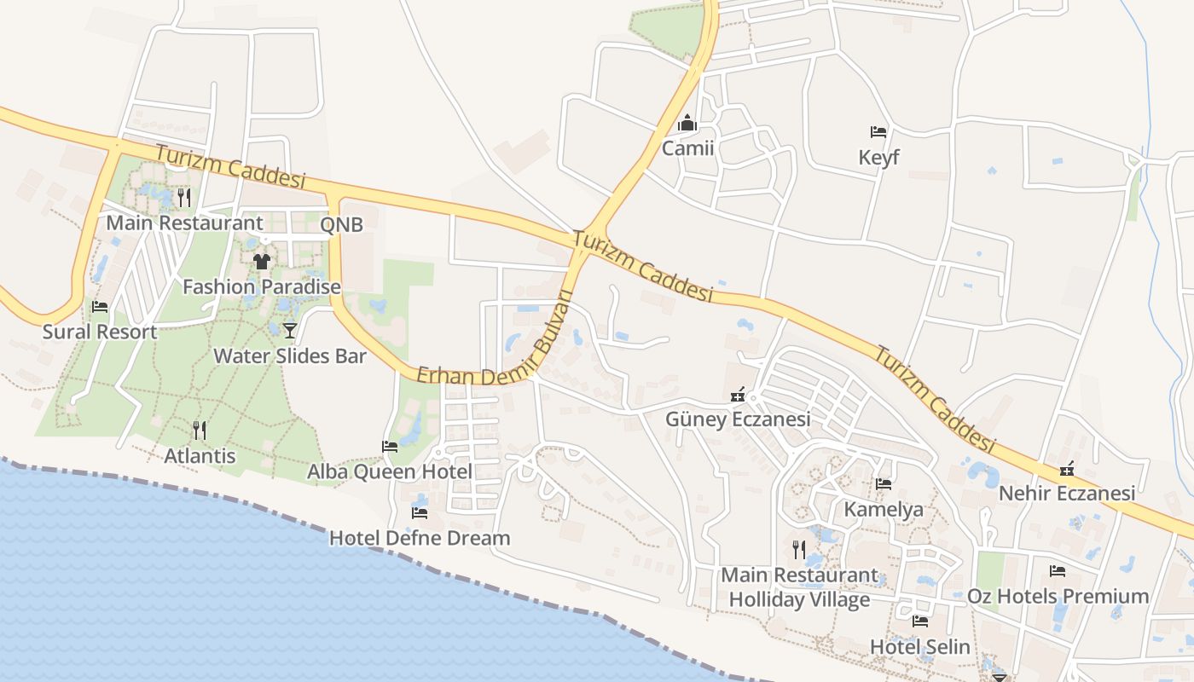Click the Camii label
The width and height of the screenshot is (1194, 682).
[x=687, y=149]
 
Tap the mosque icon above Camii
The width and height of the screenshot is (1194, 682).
[x=687, y=124]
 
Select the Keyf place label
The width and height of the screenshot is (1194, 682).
[x=878, y=158]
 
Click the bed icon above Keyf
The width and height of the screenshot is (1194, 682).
[x=878, y=132]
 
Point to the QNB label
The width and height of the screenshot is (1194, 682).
[x=341, y=225]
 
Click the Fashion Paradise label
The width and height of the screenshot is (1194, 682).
[x=262, y=286]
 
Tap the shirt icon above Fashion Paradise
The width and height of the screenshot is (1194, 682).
[x=262, y=261]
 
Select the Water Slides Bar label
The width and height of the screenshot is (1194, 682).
[x=290, y=355]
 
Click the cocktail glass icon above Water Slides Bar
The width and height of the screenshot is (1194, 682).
[x=290, y=330]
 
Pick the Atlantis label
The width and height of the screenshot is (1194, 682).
[x=200, y=456]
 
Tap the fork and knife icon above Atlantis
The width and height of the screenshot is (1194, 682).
[x=200, y=430]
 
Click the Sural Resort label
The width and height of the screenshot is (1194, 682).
[x=100, y=332]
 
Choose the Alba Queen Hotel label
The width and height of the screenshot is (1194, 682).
[x=390, y=471]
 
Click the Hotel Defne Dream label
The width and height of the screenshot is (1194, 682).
[x=420, y=538]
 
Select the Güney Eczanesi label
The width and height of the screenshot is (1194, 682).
[x=739, y=419]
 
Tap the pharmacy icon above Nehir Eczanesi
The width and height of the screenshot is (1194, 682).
[x=1067, y=469]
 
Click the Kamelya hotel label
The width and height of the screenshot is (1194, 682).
[x=884, y=510]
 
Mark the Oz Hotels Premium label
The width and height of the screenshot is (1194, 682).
[x=1058, y=596]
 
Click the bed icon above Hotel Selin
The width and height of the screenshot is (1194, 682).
[x=919, y=621]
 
